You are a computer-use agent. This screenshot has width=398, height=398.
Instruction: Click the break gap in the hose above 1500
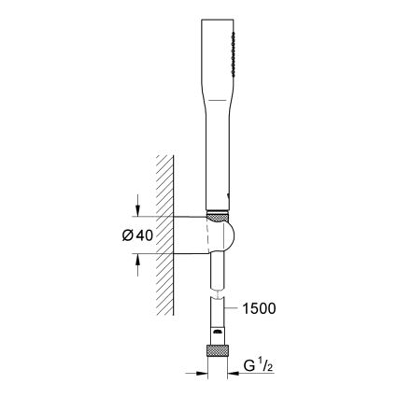[x=217, y=296]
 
